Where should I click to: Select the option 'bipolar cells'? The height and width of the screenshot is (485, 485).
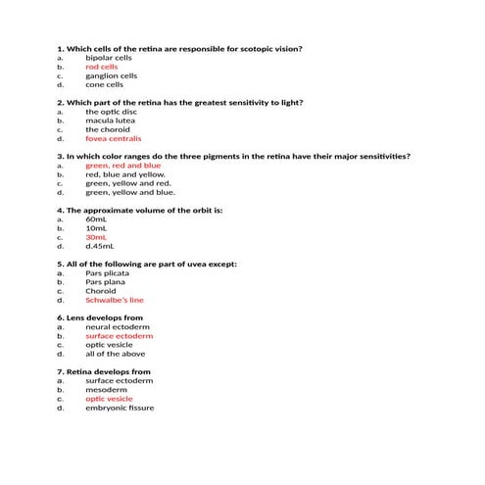point(108,58)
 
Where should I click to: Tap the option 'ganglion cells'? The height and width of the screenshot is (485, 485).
point(111,75)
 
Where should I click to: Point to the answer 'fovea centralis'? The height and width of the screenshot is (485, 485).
point(114,138)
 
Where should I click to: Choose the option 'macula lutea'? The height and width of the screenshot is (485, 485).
point(110,121)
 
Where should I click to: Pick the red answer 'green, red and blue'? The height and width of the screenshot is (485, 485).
point(122,166)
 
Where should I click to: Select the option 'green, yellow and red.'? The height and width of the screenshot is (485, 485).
point(127,183)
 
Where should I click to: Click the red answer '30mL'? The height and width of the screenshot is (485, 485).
point(96,237)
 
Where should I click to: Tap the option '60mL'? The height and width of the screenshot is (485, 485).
point(96,219)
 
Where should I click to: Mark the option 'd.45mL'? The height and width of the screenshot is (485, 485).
point(99,246)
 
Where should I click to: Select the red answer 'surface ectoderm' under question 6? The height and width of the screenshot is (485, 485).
point(119,336)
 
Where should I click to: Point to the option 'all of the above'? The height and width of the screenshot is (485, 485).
point(115,354)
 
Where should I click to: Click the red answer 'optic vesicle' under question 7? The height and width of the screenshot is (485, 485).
point(109,399)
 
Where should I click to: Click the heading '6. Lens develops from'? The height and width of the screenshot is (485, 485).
point(101,317)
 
